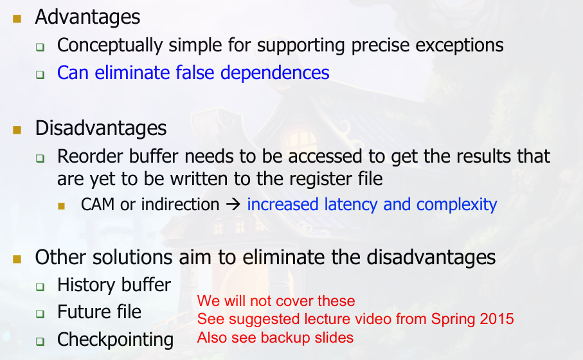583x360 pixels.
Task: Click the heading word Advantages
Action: pos(87,17)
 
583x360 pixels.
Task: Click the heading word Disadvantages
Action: pos(101,128)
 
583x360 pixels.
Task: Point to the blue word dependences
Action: pos(275,73)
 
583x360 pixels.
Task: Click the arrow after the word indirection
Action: pos(233,204)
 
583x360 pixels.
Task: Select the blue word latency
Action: pos(350,205)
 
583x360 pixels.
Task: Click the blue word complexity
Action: pos(456,205)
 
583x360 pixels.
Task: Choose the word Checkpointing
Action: pos(115,340)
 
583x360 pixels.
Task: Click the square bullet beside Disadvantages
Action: pos(17,130)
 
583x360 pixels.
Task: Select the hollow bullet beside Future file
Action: pos(40,314)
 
